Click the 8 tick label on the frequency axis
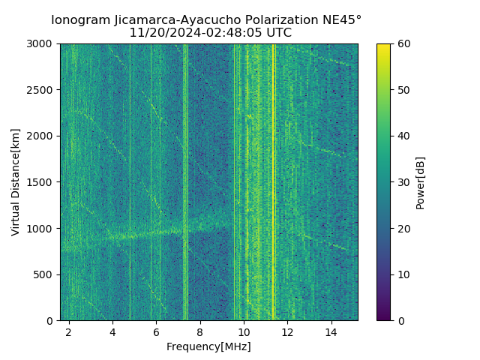(x=200, y=331)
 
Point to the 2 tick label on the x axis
(x=69, y=331)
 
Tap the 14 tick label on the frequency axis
(x=331, y=331)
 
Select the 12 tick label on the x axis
(x=287, y=331)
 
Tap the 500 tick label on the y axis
(x=44, y=274)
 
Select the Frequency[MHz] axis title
(x=208, y=346)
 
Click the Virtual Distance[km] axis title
(x=15, y=182)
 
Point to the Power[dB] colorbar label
(x=421, y=182)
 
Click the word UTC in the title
(x=277, y=33)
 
